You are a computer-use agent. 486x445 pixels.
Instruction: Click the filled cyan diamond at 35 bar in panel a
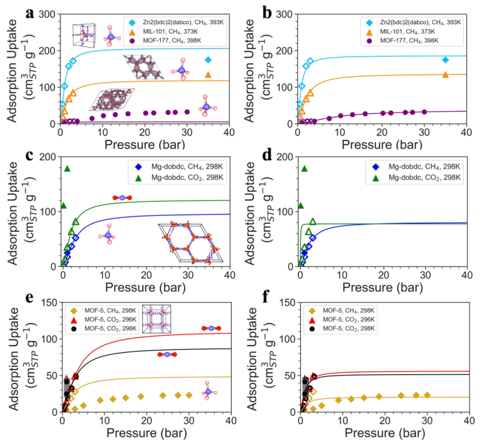pyautogui.click(x=208, y=60)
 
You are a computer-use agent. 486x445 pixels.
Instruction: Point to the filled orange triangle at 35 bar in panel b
pyautogui.click(x=445, y=75)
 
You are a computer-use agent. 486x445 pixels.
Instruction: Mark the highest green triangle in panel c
pyautogui.click(x=67, y=169)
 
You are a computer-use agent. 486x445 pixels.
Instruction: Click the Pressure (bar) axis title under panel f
pyautogui.click(x=383, y=434)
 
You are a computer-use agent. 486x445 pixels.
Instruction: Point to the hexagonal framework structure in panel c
pyautogui.click(x=191, y=242)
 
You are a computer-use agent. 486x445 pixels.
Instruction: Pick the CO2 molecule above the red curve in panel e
pyautogui.click(x=211, y=328)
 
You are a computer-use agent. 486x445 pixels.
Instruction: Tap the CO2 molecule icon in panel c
pyautogui.click(x=122, y=198)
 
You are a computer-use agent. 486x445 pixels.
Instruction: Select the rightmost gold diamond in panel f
pyautogui.click(x=427, y=395)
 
